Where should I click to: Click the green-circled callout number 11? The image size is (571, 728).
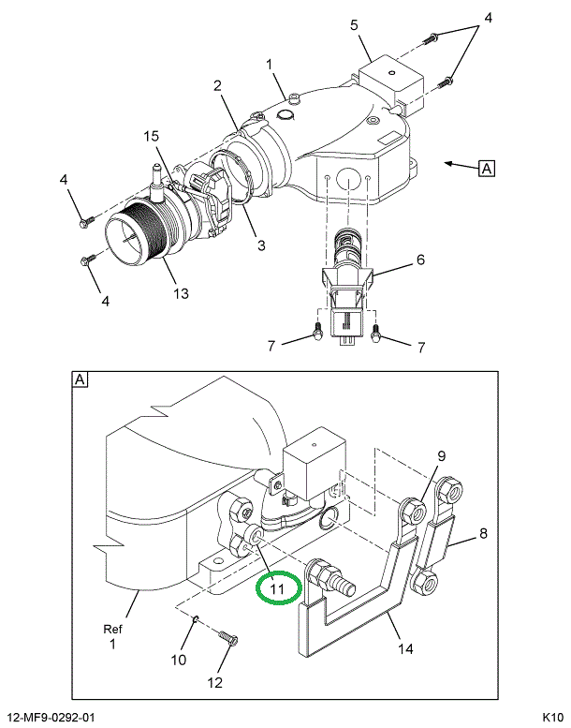pos(277,588)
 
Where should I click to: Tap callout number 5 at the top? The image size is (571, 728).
pos(355,25)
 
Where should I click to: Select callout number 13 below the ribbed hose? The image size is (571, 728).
pos(182,293)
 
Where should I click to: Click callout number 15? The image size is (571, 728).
pos(152,136)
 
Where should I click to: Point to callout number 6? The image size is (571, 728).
pos(420,260)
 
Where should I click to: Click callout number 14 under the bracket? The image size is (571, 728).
pos(406,648)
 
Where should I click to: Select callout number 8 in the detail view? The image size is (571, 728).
pos(483,533)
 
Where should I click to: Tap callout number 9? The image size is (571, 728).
pos(441,456)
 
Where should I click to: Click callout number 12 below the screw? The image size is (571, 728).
pos(215,682)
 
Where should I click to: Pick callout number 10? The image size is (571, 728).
pos(179,660)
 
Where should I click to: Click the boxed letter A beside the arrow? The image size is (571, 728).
pos(487,168)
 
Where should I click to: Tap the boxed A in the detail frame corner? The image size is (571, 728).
pos(80,379)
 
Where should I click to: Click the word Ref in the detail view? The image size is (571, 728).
pos(112,630)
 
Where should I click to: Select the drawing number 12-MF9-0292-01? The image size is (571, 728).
pos(51,718)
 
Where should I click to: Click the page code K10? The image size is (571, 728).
pos(553,718)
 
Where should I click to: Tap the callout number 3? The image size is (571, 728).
pos(261,245)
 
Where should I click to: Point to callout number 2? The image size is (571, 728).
pos(217,86)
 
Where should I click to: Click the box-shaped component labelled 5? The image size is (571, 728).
pos(392,84)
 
